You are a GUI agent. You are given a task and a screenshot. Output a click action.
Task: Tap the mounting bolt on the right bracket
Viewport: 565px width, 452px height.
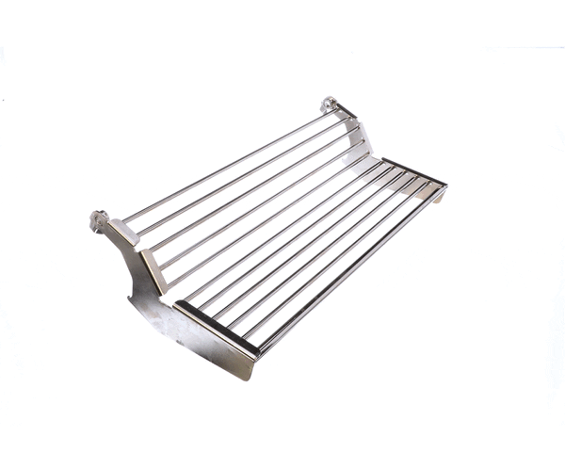coord(330,103)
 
